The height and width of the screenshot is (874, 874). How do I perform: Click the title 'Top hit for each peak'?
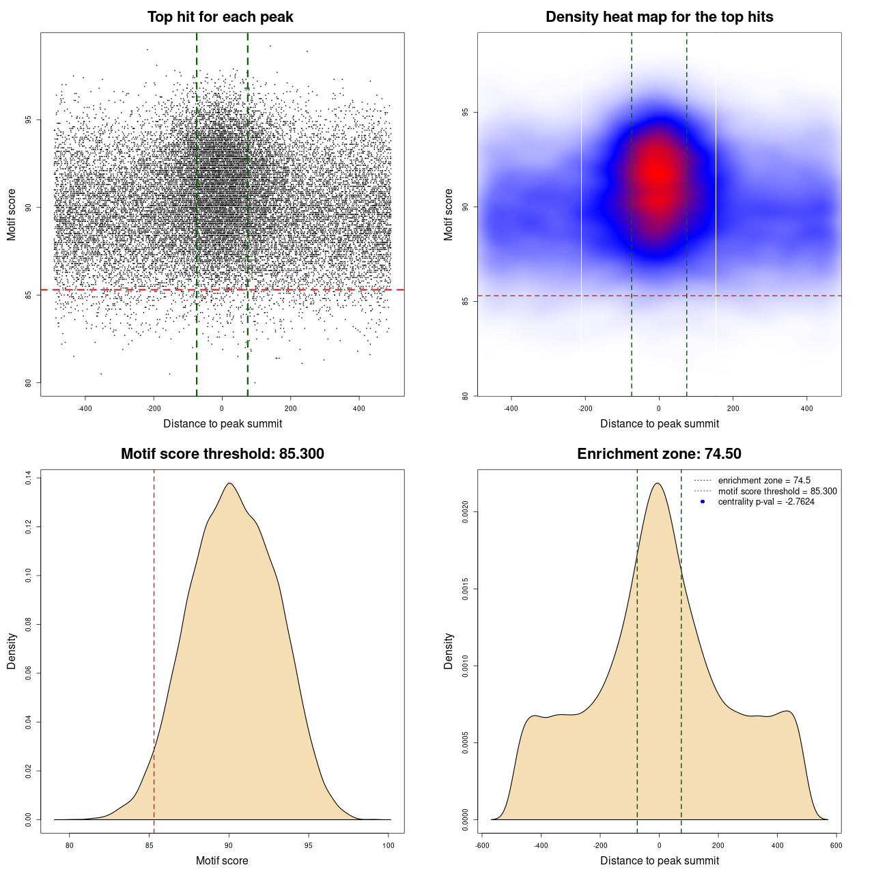220,17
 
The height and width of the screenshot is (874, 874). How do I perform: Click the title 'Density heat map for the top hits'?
659,17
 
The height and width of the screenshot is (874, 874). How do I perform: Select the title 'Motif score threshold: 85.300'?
222,454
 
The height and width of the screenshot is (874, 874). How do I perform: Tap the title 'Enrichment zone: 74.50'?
659,454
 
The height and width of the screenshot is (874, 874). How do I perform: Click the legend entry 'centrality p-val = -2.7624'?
766,502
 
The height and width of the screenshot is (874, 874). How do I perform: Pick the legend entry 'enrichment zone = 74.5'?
764,481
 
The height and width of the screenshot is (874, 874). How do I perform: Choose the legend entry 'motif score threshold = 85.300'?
777,492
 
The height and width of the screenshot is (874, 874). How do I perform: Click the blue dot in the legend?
703,502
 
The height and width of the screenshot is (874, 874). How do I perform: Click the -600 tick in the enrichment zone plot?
481,845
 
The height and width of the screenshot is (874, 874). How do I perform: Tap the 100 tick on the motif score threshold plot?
389,845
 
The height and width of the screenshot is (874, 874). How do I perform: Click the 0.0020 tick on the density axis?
466,512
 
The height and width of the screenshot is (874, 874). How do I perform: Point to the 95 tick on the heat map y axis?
466,113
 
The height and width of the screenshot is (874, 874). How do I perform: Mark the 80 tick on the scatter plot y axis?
29,383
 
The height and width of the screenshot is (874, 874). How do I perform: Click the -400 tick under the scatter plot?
85,408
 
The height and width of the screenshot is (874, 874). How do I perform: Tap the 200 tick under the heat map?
733,408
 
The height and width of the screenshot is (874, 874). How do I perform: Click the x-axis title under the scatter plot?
223,424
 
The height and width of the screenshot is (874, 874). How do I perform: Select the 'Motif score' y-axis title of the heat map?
449,214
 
